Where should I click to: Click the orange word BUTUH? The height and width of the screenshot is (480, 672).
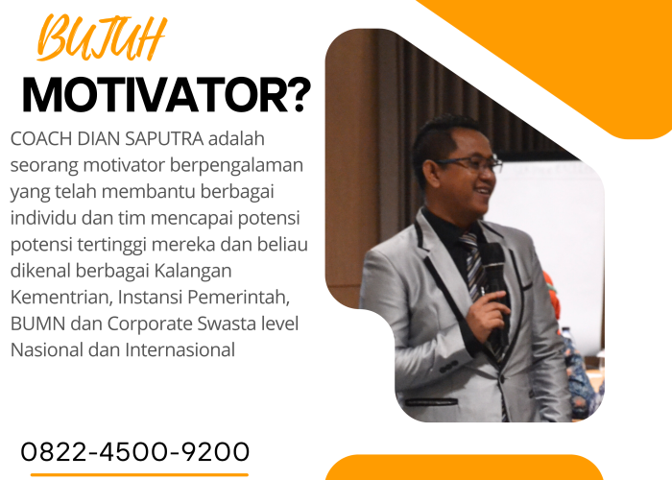click(100, 40)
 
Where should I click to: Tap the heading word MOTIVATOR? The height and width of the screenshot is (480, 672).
click(166, 95)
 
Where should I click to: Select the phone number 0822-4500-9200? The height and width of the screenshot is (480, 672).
click(134, 451)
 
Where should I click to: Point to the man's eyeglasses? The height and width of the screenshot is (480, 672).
click(469, 165)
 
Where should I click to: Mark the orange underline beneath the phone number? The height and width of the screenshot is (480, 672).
click(134, 473)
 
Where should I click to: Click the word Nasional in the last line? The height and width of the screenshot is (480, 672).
click(49, 349)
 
